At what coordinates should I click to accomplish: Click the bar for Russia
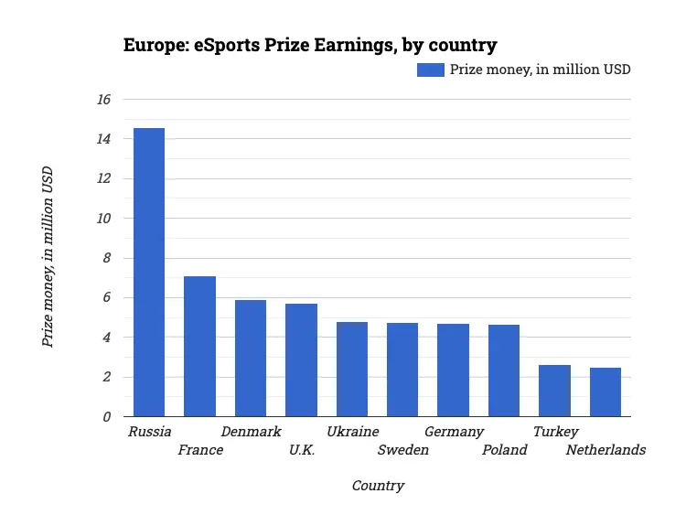click(x=149, y=273)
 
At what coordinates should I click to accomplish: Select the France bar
click(x=199, y=347)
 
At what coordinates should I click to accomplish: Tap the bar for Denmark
click(x=251, y=359)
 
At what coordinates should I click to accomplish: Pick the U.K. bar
click(x=301, y=360)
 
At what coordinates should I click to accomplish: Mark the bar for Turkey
click(x=554, y=391)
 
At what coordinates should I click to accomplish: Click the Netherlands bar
click(x=606, y=392)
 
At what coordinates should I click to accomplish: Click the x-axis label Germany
click(x=454, y=432)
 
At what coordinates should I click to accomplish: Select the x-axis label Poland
click(x=504, y=450)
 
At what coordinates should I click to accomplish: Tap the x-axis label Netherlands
click(x=606, y=450)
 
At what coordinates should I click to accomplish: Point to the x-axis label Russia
click(x=150, y=432)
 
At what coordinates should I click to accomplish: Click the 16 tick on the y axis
click(x=103, y=100)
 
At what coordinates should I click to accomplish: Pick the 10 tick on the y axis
click(x=103, y=219)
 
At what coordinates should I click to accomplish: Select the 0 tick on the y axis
click(x=107, y=417)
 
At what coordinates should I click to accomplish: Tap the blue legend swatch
click(x=430, y=70)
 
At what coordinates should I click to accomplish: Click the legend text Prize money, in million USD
click(x=540, y=70)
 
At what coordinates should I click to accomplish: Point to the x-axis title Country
click(x=378, y=486)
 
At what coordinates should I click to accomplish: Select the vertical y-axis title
click(x=48, y=256)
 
